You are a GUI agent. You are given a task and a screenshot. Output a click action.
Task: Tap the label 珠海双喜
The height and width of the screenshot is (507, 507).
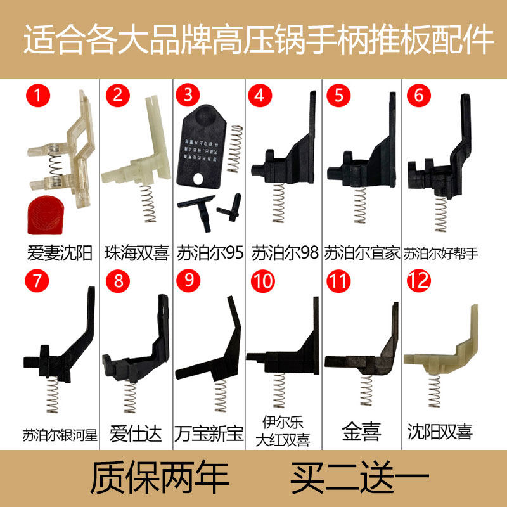coord(137,253)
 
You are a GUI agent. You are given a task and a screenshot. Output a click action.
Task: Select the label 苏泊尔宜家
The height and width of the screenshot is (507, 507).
coord(362,253)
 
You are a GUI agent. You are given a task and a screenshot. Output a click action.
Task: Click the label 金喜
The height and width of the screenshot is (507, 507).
coord(362,434)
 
